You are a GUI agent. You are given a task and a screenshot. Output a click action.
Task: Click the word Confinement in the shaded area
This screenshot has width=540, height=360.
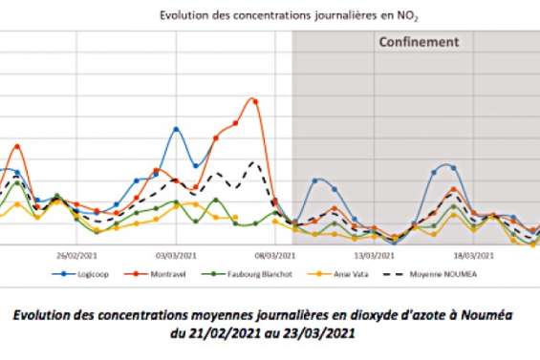420,42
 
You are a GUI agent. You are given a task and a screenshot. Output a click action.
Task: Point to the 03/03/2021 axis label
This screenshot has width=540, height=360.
173,255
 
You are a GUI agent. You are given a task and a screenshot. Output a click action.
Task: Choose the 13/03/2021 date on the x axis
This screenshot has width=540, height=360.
373,255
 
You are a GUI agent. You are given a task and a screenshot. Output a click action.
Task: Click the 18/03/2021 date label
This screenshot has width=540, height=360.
472,255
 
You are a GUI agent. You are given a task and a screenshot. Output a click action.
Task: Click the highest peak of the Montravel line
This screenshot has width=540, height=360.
253,99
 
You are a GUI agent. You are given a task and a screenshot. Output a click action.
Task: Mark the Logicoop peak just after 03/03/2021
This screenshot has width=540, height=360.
176,129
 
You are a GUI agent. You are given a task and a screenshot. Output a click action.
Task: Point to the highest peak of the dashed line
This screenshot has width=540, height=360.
253,162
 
